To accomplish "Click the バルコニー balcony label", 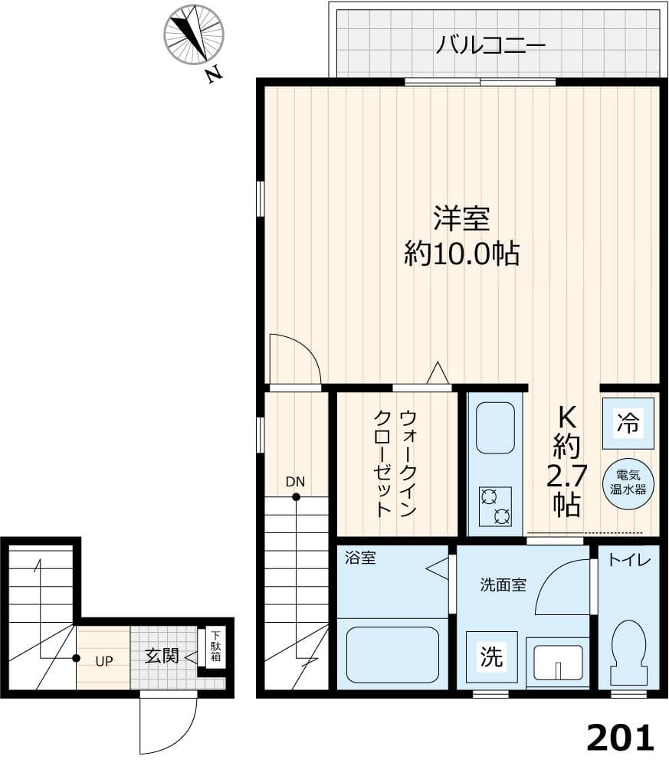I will tap(490, 45).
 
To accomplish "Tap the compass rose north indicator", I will tap(194, 34).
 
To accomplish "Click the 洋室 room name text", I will tap(461, 219).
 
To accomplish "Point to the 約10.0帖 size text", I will tap(461, 254).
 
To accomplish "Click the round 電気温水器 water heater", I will tap(628, 486).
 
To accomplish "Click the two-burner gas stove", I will tap(495, 506).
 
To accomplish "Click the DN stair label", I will tap(295, 482).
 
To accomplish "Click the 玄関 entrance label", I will tap(162, 656).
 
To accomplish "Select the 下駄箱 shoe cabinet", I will tap(216, 647).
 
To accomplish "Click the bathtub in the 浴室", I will tap(392, 655).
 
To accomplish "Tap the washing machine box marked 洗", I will tap(491, 656).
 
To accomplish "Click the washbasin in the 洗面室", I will tap(558, 661).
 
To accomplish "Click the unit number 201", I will tap(621, 738).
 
